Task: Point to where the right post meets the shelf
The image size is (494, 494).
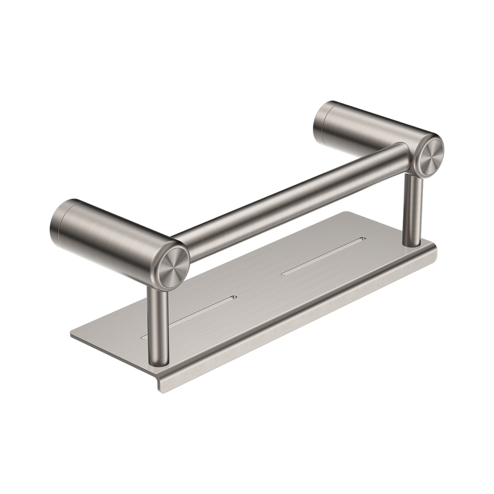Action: pos(411,243)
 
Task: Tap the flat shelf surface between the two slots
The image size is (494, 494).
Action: pos(261,284)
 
